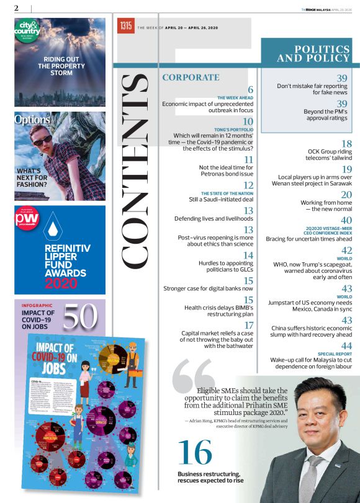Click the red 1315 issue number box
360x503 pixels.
[126, 26]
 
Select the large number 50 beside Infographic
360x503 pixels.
[80, 316]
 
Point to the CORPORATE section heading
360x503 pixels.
[191, 78]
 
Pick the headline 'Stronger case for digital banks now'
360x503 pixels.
[208, 288]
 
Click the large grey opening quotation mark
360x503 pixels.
[194, 378]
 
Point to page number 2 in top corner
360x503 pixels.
[16, 8]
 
